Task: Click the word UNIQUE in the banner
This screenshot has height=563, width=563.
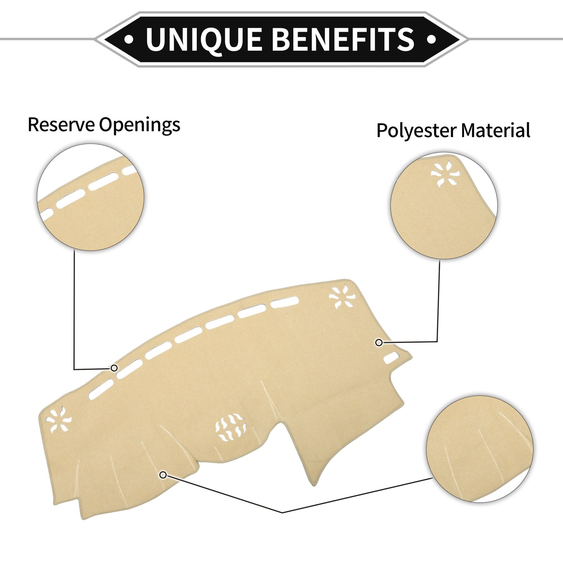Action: pyautogui.click(x=204, y=39)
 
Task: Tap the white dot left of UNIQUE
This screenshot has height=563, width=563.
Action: pyautogui.click(x=129, y=39)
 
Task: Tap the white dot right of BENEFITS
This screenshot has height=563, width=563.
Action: pyautogui.click(x=432, y=39)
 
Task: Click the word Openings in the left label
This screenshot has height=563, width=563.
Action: pyautogui.click(x=139, y=125)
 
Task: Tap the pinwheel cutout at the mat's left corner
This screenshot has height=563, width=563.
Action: pyautogui.click(x=58, y=420)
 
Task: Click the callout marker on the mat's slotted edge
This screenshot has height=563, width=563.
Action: pyautogui.click(x=114, y=368)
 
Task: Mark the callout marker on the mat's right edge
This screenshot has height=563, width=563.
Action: pyautogui.click(x=379, y=343)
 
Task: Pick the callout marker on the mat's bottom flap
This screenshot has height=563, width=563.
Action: pyautogui.click(x=163, y=475)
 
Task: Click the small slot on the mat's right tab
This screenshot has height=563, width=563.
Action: pyautogui.click(x=391, y=358)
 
